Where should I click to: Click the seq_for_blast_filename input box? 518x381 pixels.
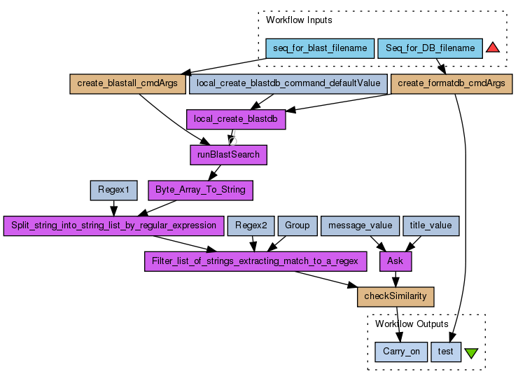[x=320, y=48]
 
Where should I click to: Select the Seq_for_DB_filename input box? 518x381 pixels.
[x=430, y=48]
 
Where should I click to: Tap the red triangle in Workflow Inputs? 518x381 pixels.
[x=493, y=48]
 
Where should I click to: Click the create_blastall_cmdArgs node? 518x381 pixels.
[x=127, y=83]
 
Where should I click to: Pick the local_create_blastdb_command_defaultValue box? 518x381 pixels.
[x=288, y=83]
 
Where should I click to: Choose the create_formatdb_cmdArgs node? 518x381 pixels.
[x=451, y=83]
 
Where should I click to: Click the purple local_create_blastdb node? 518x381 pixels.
[x=236, y=119]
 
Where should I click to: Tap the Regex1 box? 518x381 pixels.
[x=113, y=190]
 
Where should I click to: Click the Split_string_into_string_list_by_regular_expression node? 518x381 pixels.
[x=113, y=226]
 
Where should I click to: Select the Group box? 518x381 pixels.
[x=297, y=226]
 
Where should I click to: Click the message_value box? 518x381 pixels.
[x=360, y=226]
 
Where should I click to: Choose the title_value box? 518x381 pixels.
[x=431, y=226]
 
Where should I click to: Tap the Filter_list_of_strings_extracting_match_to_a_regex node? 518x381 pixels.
[x=255, y=261]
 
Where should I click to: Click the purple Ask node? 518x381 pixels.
[x=395, y=261]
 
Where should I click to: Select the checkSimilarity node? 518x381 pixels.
[x=395, y=296]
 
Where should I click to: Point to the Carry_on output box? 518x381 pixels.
[x=401, y=352]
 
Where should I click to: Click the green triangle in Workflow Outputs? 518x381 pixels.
[x=471, y=352]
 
